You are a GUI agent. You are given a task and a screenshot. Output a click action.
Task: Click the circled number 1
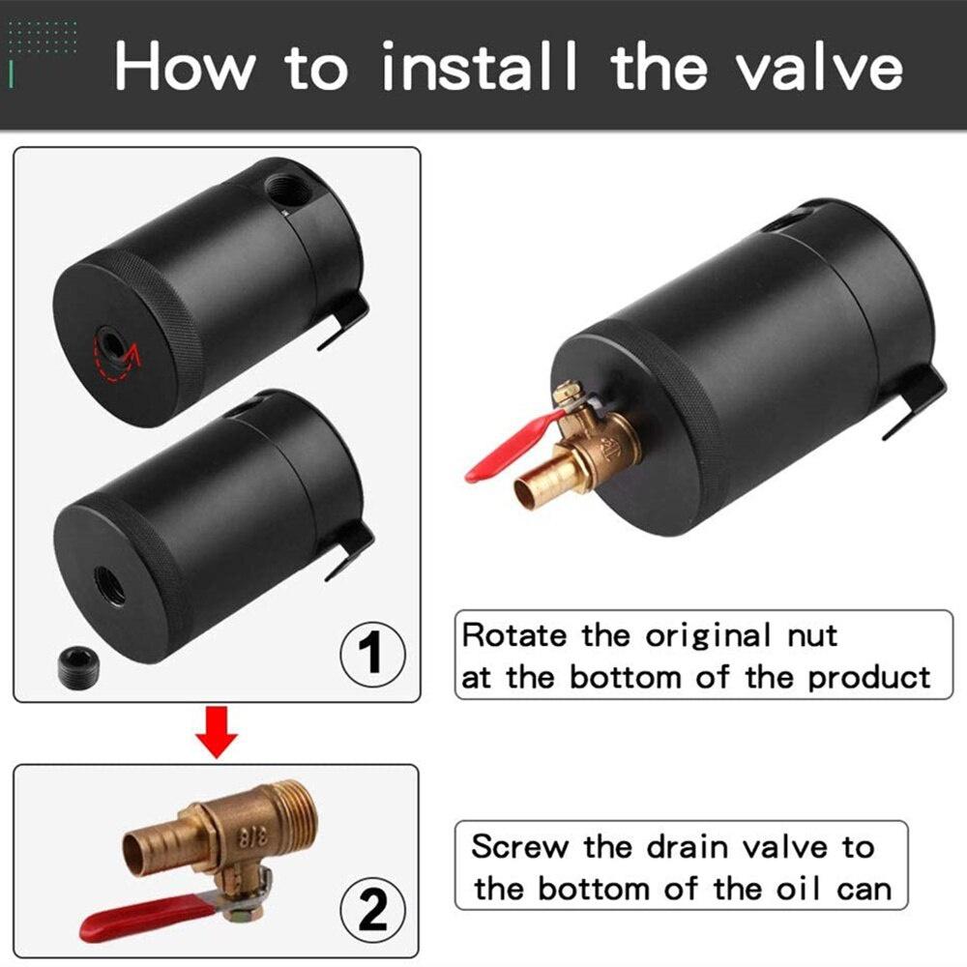tap(371, 653)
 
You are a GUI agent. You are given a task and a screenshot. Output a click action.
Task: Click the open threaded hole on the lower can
tap(110, 585)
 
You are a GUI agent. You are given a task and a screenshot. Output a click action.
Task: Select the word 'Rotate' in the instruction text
tap(516, 635)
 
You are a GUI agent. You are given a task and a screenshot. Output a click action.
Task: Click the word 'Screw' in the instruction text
tap(519, 847)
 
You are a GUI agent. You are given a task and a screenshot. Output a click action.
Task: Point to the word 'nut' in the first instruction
tap(808, 635)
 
